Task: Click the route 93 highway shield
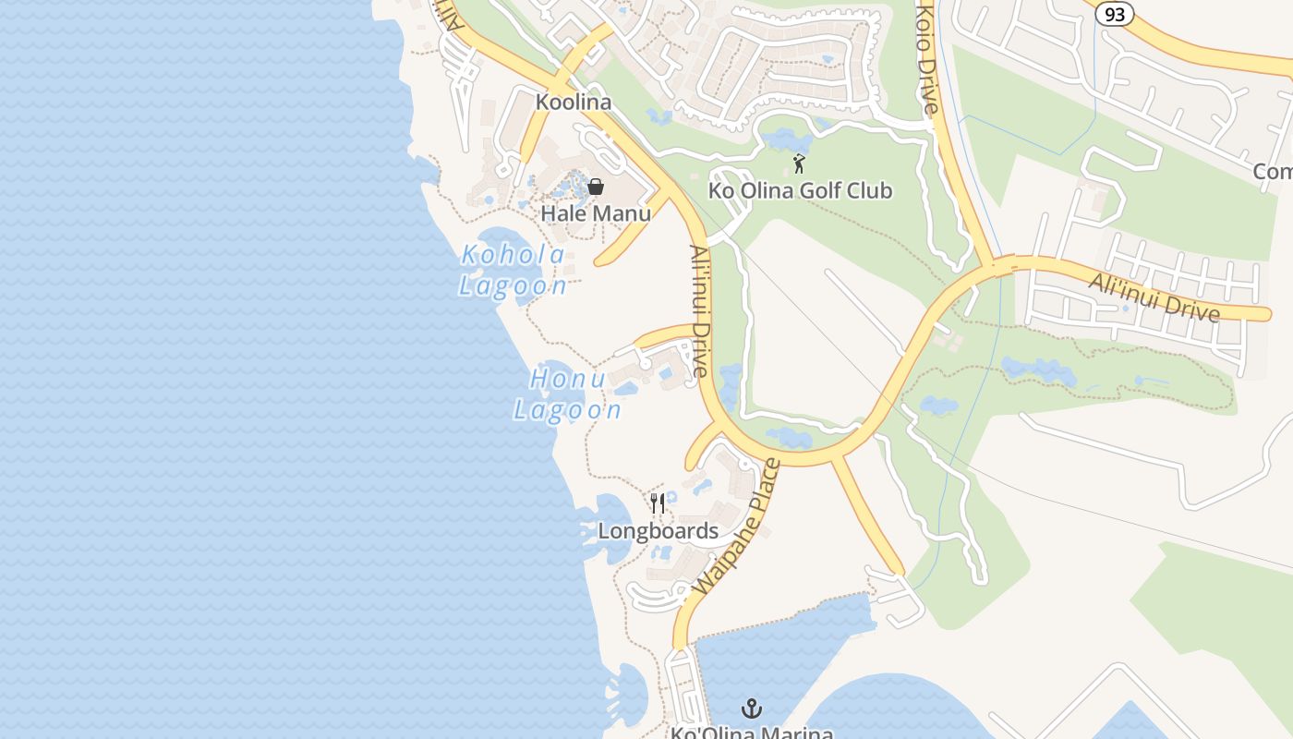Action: pyautogui.click(x=1115, y=13)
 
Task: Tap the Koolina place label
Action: pyautogui.click(x=574, y=102)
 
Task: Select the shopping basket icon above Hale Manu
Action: pyautogui.click(x=596, y=188)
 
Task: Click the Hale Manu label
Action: pyautogui.click(x=596, y=213)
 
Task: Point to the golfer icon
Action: pyautogui.click(x=799, y=164)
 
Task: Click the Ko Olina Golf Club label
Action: pyautogui.click(x=800, y=191)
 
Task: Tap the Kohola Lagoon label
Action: pyautogui.click(x=514, y=270)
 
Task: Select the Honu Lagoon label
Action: pyautogui.click(x=567, y=394)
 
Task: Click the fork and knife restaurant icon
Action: pyautogui.click(x=658, y=503)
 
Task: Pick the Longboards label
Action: pyautogui.click(x=658, y=531)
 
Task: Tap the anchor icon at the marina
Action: pyautogui.click(x=753, y=709)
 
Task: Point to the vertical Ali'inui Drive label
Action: pyautogui.click(x=699, y=310)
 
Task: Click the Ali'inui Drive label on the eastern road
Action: pyautogui.click(x=1154, y=297)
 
